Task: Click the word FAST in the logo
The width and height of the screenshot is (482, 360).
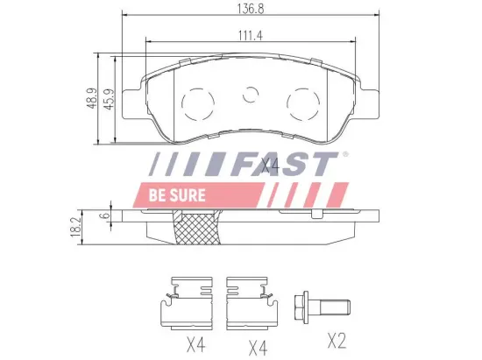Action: pyautogui.click(x=287, y=166)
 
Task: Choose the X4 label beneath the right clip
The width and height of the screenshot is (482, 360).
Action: pyautogui.click(x=257, y=346)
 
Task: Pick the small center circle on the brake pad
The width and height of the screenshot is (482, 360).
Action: pyautogui.click(x=252, y=94)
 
